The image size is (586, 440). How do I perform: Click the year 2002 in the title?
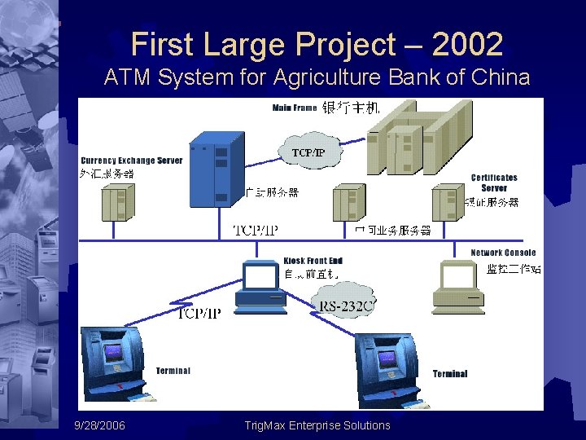click(x=467, y=44)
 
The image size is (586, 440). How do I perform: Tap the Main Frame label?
click(x=295, y=108)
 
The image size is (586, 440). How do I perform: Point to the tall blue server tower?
click(x=216, y=169)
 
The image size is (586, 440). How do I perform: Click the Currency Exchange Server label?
click(x=131, y=161)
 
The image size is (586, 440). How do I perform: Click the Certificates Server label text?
click(x=493, y=183)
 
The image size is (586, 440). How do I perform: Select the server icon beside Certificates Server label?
click(x=448, y=201)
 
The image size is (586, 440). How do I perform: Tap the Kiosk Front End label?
click(x=313, y=261)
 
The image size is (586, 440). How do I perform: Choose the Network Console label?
click(x=503, y=253)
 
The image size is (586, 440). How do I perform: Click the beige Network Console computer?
click(x=459, y=287)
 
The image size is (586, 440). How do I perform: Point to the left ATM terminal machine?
click(x=113, y=362)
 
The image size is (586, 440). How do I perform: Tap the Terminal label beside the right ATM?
click(x=450, y=374)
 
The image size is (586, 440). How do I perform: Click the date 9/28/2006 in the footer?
click(x=99, y=425)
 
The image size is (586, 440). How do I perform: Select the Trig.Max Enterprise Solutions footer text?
click(x=317, y=425)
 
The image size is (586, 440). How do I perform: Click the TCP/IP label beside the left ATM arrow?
click(x=199, y=313)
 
